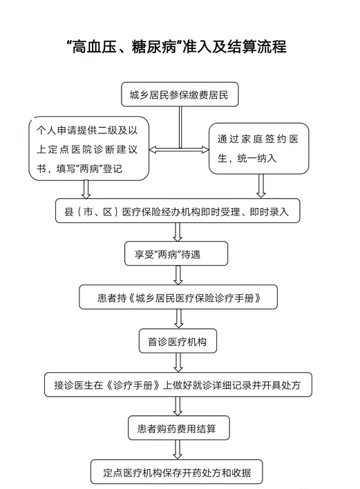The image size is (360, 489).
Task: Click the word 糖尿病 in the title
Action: [x=153, y=46]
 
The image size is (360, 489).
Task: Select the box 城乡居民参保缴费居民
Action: [x=180, y=95]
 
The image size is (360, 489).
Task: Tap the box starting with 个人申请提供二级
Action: [x=88, y=148]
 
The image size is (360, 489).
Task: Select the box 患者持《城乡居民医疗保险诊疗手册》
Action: [x=178, y=298]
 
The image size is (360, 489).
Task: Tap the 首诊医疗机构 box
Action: [x=178, y=341]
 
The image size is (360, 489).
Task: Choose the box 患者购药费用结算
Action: [x=179, y=428]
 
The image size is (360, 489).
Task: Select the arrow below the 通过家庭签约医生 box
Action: [x=261, y=186]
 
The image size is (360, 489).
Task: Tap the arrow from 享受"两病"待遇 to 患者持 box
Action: [x=178, y=276]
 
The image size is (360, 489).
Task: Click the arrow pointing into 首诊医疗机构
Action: [x=178, y=319]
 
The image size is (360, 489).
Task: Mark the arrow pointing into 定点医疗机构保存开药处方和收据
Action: [x=178, y=450]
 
